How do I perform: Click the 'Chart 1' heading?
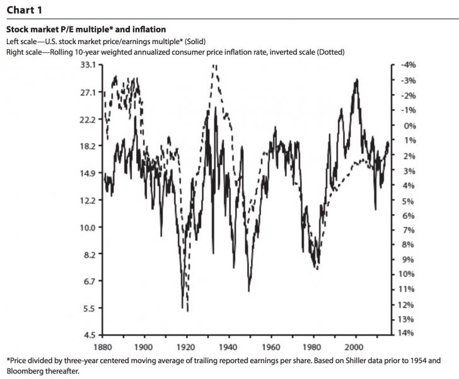[x=25, y=9]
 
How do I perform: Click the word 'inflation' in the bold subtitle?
[x=149, y=30]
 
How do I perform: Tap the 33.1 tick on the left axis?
[x=86, y=65]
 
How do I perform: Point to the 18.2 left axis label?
[x=86, y=146]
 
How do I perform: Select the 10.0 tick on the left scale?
[x=86, y=228]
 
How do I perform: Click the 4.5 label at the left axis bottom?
[x=89, y=335]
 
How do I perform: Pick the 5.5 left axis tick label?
[x=89, y=308]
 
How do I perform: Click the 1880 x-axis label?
[x=103, y=347]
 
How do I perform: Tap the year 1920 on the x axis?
[x=187, y=347]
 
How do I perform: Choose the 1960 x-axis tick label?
[x=271, y=347]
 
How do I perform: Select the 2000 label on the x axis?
[x=356, y=347]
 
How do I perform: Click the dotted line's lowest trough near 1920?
[x=187, y=310]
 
